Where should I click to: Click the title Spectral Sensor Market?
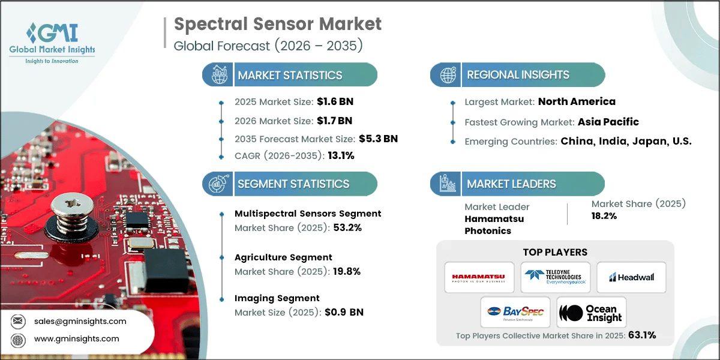(277, 24)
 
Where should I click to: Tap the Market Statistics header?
(290, 75)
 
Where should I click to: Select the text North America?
(577, 101)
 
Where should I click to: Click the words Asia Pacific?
(608, 122)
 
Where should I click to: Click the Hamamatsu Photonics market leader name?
(488, 225)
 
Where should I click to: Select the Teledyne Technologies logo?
(555, 277)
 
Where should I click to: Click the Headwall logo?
(631, 277)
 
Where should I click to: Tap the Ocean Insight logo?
(591, 312)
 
